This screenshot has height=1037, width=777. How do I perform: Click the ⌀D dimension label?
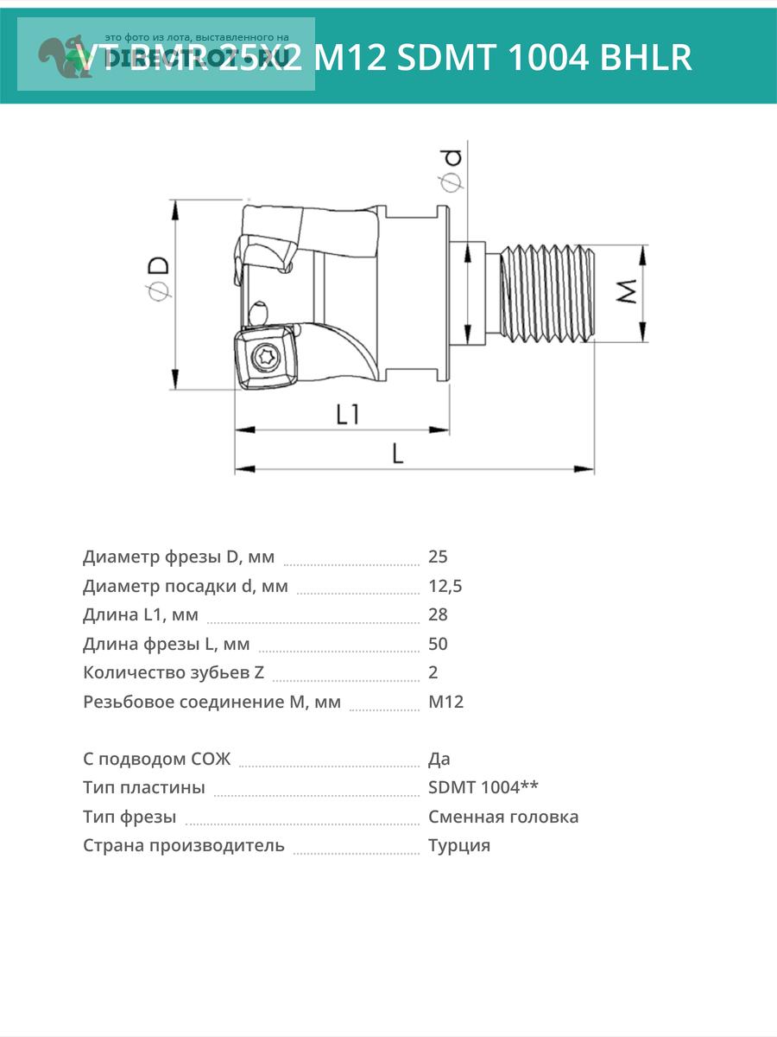point(158,279)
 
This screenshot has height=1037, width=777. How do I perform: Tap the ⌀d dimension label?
point(452,170)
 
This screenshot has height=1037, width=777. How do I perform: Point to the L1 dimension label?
point(347,416)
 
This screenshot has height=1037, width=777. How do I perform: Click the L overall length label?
point(397,453)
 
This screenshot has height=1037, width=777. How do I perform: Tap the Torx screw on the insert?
point(265,357)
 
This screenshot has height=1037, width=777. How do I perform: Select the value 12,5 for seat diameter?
point(445,586)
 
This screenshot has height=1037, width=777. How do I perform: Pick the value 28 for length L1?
point(438,614)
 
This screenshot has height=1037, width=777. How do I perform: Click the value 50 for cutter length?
point(438,644)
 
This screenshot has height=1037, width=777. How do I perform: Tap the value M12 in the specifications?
point(445,702)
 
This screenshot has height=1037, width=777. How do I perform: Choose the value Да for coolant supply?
point(439,759)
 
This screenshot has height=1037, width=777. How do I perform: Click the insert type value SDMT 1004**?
point(483,787)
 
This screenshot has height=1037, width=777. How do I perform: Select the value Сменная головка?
point(503,817)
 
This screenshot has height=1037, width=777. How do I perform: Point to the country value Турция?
point(458,845)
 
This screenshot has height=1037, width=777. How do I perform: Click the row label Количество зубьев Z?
point(174,672)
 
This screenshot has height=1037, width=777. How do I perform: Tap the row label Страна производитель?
point(183,845)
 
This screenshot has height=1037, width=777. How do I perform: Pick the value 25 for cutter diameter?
point(438,557)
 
